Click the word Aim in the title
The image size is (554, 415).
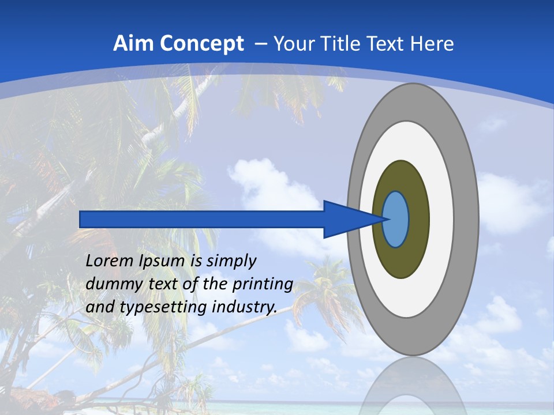coord(134,44)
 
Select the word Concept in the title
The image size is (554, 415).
coord(201,44)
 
